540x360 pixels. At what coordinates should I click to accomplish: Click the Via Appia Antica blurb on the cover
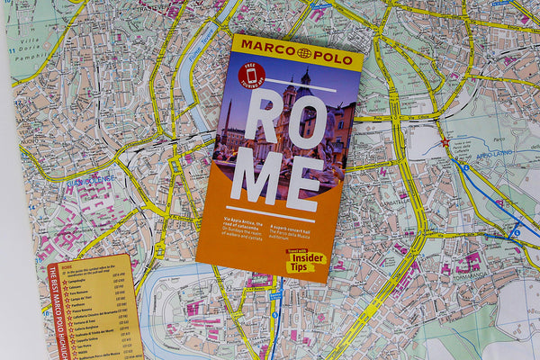(x=241, y=230)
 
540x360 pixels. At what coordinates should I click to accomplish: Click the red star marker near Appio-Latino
(x=444, y=142)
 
